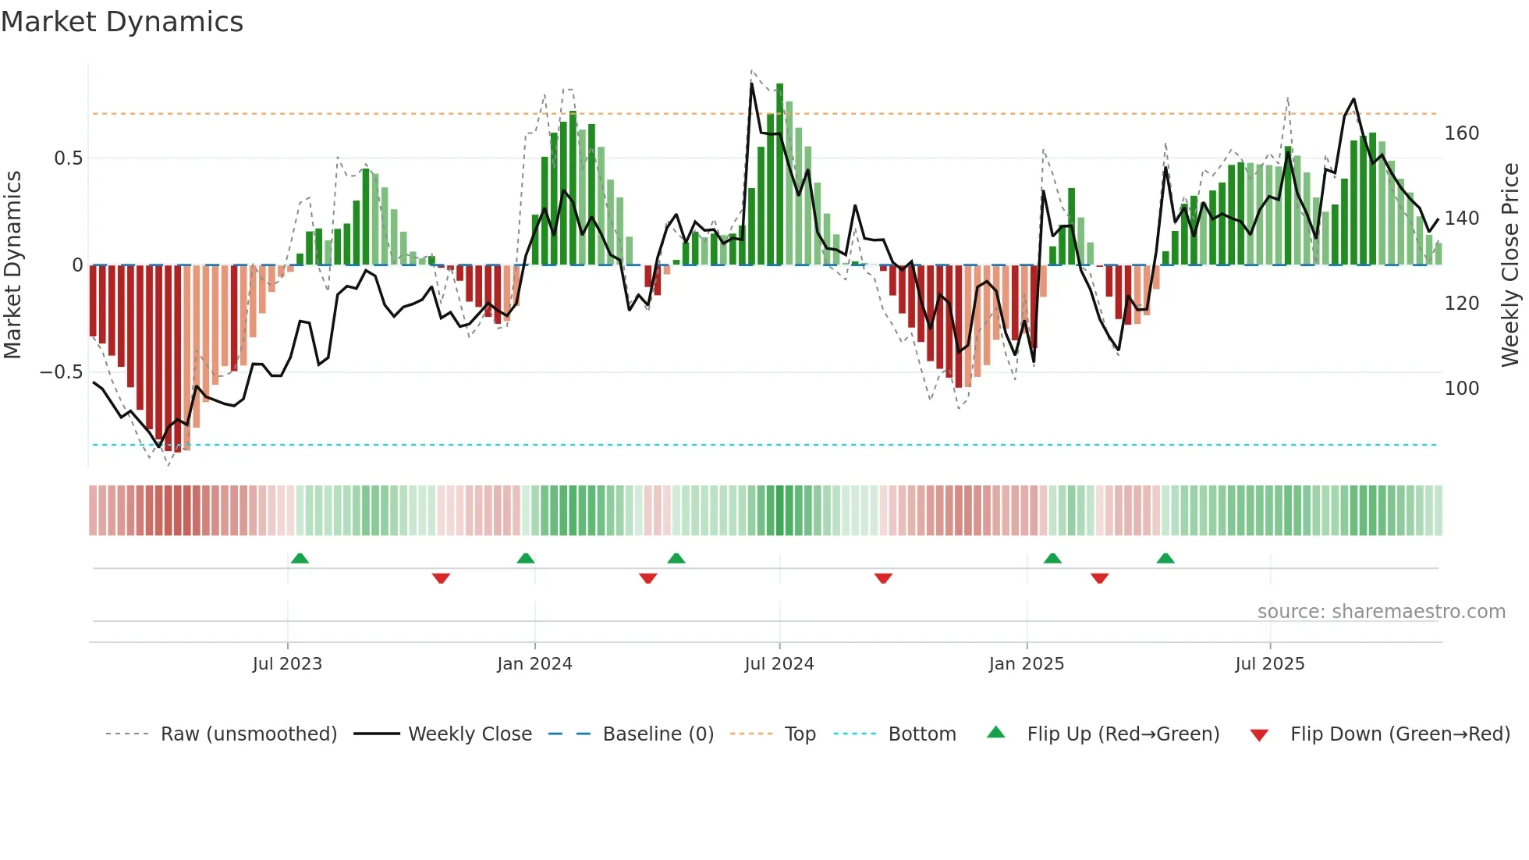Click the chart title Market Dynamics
122,22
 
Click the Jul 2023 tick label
287,664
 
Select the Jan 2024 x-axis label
534,664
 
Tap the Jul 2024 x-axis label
779,664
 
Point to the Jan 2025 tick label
1026,664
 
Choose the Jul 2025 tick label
1269,664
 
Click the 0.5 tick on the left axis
68,158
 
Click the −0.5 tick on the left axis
61,372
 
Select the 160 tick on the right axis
1461,133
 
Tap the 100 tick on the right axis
1461,389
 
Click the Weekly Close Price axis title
1510,265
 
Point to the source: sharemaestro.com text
1381,612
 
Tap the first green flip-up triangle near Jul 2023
300,558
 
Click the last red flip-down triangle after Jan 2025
1100,578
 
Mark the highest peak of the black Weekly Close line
752,84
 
